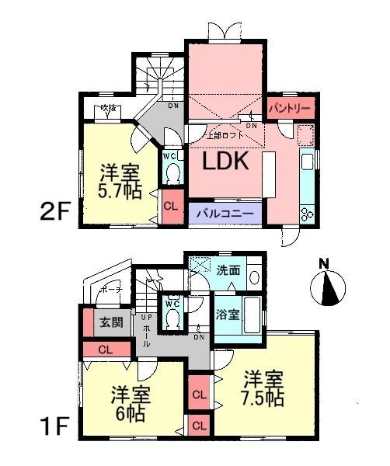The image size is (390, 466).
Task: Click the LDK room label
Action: tap(225, 162)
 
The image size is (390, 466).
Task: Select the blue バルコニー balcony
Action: tap(224, 212)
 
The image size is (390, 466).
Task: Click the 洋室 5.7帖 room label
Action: tap(119, 180)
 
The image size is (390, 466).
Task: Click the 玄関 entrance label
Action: tap(111, 322)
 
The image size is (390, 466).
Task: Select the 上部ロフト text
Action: tap(225, 134)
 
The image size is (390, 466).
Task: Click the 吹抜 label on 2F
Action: tap(108, 110)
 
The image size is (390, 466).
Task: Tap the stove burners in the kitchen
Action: tap(305, 213)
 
